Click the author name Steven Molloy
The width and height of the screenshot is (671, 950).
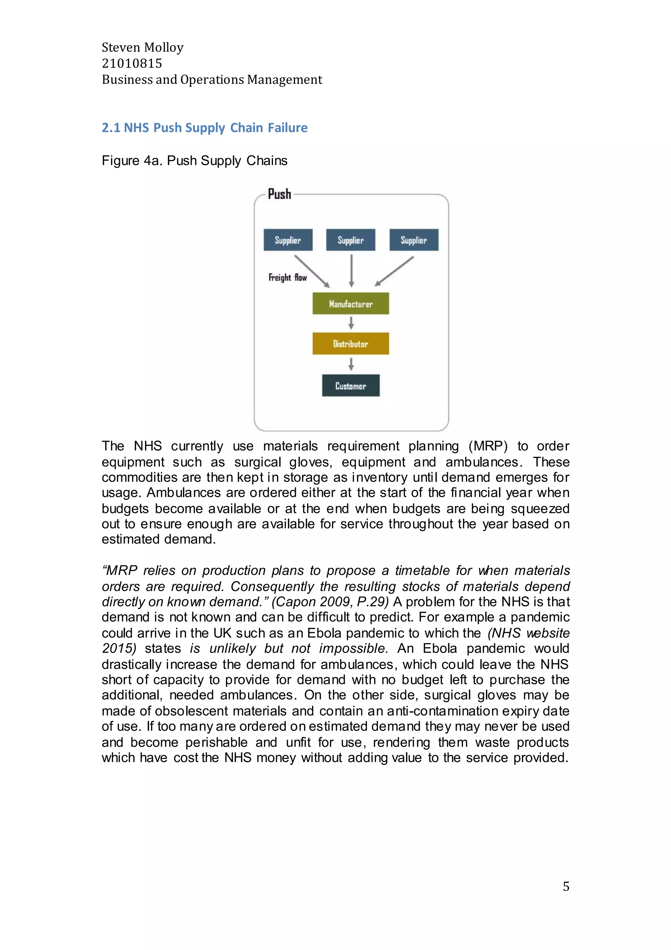point(143,47)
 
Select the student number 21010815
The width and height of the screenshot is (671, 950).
point(132,63)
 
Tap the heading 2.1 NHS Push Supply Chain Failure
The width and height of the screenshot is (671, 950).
point(204,127)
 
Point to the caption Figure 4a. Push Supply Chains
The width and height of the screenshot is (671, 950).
point(194,161)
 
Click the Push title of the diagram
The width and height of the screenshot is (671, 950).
point(279,194)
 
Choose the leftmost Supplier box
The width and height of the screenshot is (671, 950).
point(288,240)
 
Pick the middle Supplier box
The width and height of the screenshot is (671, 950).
point(351,240)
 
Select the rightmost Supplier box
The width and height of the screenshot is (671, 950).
point(413,240)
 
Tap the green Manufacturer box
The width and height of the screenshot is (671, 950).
point(351,304)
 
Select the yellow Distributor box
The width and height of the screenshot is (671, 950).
point(351,343)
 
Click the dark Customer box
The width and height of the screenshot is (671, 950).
point(351,386)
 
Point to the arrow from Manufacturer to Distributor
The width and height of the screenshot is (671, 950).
point(351,323)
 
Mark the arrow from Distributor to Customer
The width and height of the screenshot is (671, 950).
point(351,364)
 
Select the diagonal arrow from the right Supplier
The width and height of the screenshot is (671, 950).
point(394,271)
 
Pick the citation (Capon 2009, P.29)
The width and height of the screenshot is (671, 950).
point(330,601)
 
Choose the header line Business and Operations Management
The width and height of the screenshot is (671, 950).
point(212,80)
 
